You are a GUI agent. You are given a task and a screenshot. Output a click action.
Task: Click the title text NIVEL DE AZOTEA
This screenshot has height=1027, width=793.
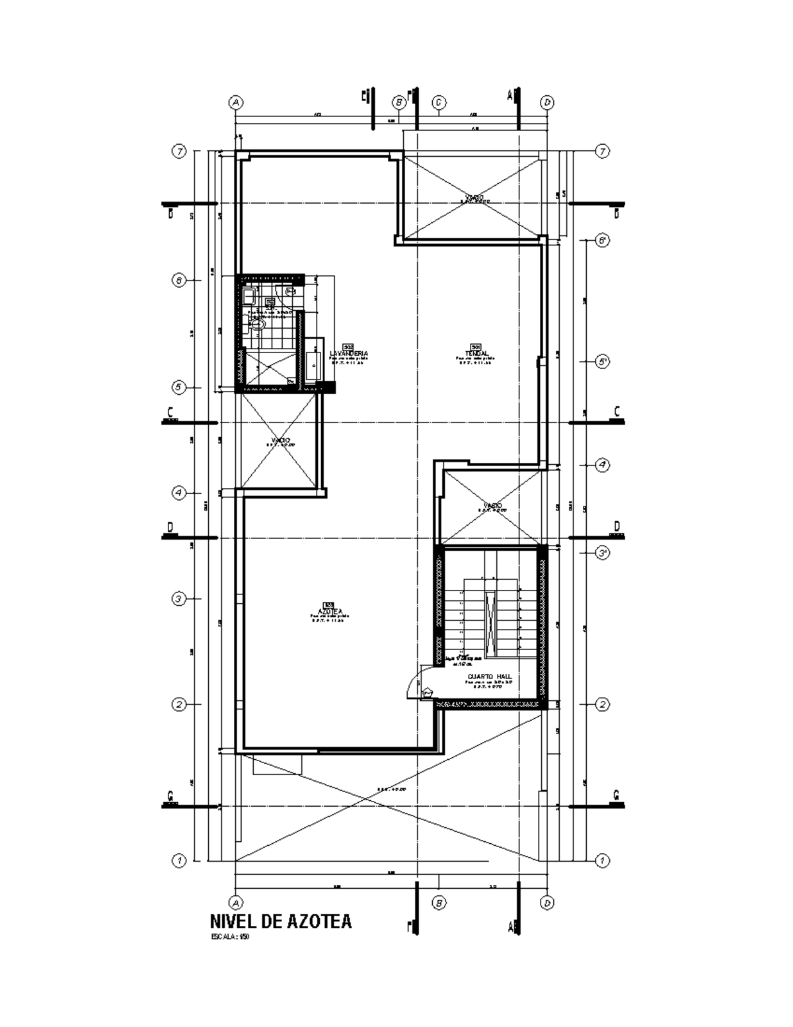[x=280, y=921]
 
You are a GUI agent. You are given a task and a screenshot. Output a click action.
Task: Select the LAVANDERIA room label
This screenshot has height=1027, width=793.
[x=348, y=353]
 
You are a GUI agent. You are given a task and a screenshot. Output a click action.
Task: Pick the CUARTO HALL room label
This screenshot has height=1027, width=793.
[x=490, y=677]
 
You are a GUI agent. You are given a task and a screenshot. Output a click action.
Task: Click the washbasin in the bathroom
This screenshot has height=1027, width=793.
[x=249, y=295]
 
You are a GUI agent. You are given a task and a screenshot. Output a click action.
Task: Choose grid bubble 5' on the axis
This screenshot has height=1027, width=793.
[x=602, y=362]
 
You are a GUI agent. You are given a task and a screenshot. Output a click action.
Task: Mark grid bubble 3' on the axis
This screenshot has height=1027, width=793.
[x=602, y=553]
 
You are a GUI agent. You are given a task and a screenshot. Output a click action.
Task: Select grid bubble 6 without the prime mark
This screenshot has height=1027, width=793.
[x=178, y=280]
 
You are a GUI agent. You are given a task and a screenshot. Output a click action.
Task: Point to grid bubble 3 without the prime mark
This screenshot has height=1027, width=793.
[x=178, y=599]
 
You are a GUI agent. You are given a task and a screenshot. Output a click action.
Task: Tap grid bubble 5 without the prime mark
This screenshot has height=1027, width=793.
[x=178, y=387]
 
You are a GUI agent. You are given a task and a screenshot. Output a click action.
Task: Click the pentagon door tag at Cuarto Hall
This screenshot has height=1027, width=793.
[x=428, y=692]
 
